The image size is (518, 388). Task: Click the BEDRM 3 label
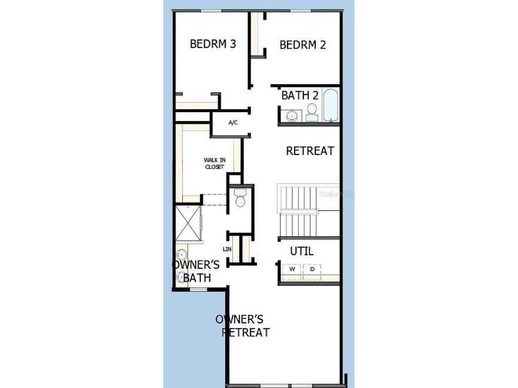point(213,44)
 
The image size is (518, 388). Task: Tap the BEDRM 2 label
point(303,45)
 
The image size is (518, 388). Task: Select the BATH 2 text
point(300,95)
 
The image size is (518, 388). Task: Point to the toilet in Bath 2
point(312,113)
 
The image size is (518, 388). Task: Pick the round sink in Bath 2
point(291,115)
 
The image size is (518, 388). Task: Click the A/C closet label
point(233,123)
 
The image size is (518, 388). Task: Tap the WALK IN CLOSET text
point(214,163)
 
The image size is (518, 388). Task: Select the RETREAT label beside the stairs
point(310,151)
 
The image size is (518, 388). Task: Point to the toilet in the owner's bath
point(240,198)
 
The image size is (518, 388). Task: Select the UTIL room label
point(302,251)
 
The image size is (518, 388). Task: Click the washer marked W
point(292,269)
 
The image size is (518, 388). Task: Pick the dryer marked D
point(312,269)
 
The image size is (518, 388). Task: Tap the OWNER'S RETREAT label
point(243,326)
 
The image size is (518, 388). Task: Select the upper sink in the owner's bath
point(181,254)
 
